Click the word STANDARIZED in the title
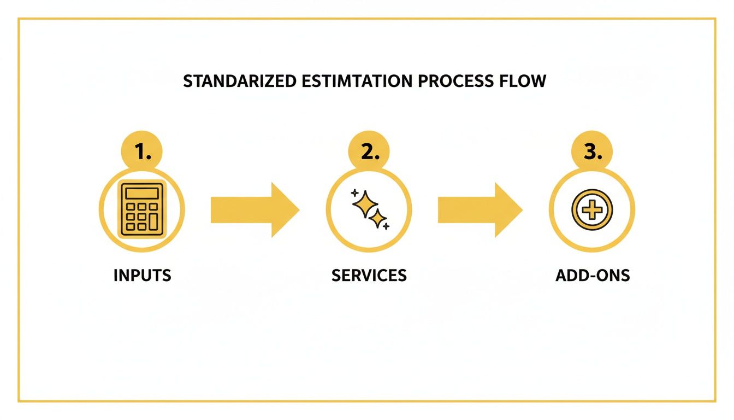[240, 81]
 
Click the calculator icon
[142, 209]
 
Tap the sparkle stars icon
[369, 209]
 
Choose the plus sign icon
[592, 209]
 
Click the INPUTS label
[142, 275]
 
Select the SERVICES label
[369, 275]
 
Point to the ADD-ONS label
[593, 275]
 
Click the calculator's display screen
[142, 193]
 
